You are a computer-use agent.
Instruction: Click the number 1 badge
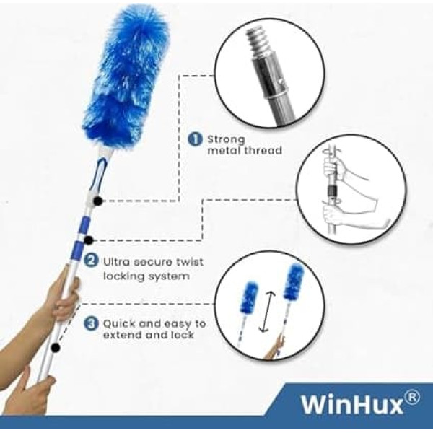tap(196, 139)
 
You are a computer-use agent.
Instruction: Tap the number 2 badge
tap(91, 261)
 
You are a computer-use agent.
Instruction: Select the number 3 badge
tap(91, 323)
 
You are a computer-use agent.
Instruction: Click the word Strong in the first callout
tap(226, 139)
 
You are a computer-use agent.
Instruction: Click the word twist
tap(190, 261)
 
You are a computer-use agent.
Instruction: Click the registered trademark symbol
tap(411, 398)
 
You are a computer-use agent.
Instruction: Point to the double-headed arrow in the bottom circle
tap(267, 311)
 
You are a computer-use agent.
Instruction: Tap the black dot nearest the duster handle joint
tap(97, 201)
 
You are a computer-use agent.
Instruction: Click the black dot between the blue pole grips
tap(88, 240)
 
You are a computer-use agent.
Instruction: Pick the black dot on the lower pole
tap(56, 347)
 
